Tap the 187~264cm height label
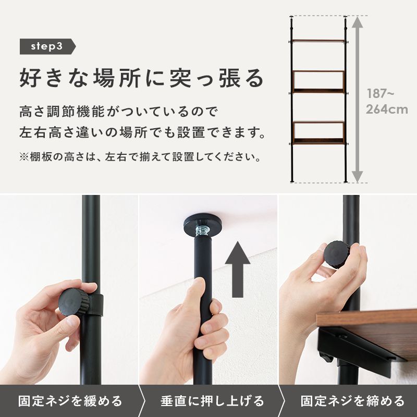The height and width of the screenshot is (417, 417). (386, 102)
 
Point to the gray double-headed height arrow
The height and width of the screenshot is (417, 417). (357, 99)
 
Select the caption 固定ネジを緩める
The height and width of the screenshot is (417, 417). (70, 401)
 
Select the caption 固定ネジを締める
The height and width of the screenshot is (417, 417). (352, 401)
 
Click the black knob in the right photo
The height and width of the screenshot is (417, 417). (338, 254)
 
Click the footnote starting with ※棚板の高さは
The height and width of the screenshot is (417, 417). (140, 157)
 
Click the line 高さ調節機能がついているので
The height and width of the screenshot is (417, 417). (117, 112)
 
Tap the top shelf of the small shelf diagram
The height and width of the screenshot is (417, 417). (318, 41)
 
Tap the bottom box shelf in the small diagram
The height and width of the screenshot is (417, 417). (318, 132)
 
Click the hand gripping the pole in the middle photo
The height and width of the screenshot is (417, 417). (201, 323)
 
